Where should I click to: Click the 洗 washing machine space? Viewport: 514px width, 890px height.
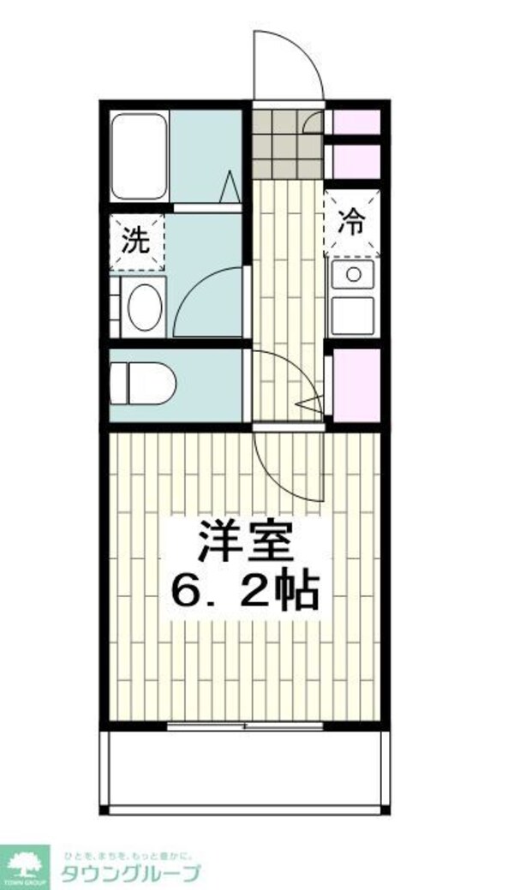tap(136, 241)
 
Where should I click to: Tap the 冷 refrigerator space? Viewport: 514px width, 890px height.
tap(352, 224)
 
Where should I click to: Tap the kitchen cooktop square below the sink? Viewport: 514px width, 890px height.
tap(352, 316)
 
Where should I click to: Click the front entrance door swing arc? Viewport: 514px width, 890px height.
tap(289, 64)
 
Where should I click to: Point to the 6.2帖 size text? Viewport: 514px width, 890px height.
tap(246, 589)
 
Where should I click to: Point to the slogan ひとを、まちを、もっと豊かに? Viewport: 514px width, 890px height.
tap(128, 854)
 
